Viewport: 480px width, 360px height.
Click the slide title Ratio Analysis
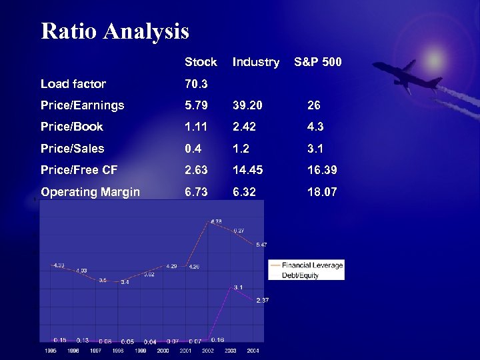115,31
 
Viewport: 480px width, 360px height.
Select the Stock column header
201,62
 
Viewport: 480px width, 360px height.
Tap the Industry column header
255,62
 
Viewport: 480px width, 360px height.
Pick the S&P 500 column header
318,62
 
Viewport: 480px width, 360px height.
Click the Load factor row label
73,84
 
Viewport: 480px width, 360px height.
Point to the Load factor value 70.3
196,84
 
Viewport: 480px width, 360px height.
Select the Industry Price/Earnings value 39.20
247,105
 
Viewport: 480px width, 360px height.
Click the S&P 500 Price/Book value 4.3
314,127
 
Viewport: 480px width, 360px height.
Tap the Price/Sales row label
73,149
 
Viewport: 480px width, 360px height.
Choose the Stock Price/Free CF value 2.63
196,170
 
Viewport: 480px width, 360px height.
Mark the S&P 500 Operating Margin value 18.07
322,192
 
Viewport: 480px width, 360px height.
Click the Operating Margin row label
90,192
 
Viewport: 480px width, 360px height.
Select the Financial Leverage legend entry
312,265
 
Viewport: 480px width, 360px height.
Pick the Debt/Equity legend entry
301,275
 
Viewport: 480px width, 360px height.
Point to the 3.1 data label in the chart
238,287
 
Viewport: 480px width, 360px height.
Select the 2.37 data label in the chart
262,301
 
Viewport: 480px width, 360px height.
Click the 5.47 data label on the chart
261,245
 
